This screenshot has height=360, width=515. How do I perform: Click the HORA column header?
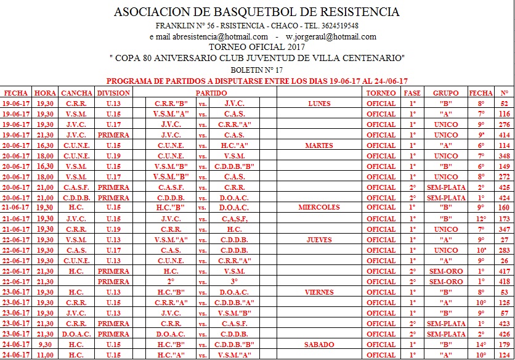[x=46, y=93]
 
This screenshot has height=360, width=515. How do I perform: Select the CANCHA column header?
[x=78, y=93]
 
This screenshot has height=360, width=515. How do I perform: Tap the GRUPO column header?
[x=445, y=93]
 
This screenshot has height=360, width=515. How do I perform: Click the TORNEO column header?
[x=381, y=93]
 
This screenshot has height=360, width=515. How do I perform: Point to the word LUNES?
[x=319, y=104]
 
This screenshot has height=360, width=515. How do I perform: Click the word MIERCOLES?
[x=319, y=208]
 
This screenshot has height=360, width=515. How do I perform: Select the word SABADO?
[x=319, y=345]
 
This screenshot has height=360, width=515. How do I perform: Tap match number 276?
[x=505, y=125]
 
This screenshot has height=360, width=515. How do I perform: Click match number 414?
[x=505, y=135]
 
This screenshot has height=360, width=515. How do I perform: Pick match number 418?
[x=505, y=282]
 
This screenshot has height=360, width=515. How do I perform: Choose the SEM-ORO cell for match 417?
[x=445, y=271]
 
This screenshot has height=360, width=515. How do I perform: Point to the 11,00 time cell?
[x=45, y=355]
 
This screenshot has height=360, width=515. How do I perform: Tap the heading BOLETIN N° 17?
[x=257, y=70]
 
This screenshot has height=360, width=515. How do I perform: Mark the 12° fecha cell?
[x=481, y=219]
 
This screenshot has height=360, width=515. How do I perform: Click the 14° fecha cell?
[x=481, y=345]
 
